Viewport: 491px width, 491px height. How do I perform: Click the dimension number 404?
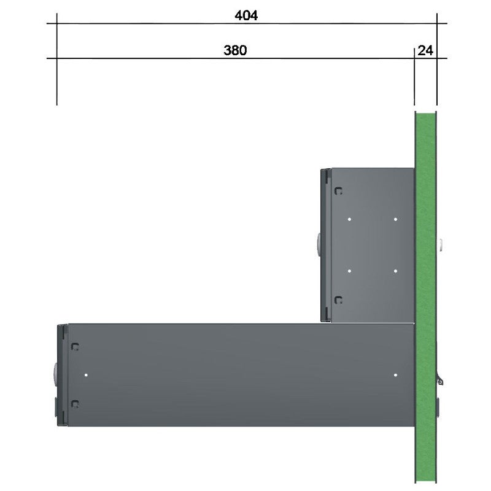click(246, 15)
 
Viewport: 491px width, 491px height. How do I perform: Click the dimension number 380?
click(235, 50)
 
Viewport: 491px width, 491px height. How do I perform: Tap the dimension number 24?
click(425, 50)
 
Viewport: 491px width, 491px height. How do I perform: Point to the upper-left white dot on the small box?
click(349, 219)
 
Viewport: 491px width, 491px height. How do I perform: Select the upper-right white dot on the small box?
click(395, 219)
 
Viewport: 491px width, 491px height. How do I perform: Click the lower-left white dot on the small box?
click(349, 271)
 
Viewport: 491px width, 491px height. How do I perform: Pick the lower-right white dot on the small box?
click(395, 271)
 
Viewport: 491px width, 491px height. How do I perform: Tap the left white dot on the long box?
click(86, 375)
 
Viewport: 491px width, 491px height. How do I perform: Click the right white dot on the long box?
click(395, 375)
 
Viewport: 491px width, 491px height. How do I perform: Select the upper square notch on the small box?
click(339, 191)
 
